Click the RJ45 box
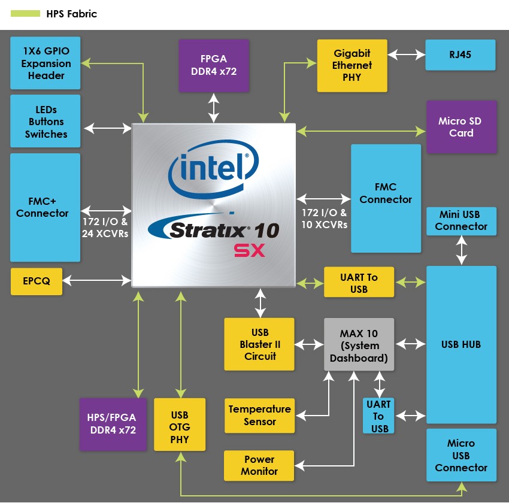pos(460,55)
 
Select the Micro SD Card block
pos(461,127)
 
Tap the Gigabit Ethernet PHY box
pos(352,66)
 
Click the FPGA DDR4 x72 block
pos(214,66)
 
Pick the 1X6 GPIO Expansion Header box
pos(46,63)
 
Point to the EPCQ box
pos(37,281)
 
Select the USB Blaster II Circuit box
pos(260,344)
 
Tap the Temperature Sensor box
pos(259,416)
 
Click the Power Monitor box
pos(259,465)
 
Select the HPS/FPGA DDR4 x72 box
pos(113,424)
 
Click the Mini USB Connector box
pos(461,220)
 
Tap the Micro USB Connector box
pos(461,455)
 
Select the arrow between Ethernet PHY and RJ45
pos(406,55)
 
